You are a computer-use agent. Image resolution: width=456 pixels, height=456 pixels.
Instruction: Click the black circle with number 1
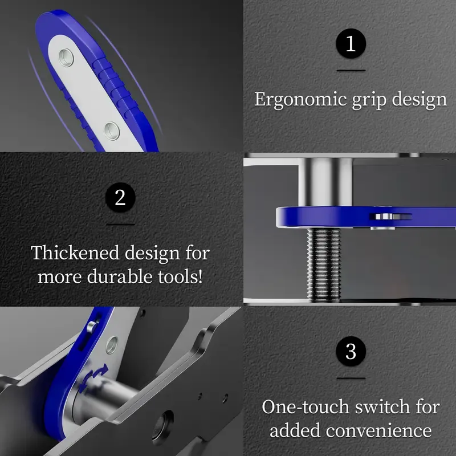pyautogui.click(x=351, y=44)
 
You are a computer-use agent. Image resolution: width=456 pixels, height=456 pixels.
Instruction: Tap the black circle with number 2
pyautogui.click(x=120, y=197)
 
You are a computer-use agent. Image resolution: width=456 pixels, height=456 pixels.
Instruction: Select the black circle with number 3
pyautogui.click(x=351, y=351)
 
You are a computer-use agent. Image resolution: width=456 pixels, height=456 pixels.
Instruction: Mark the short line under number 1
pyautogui.click(x=351, y=71)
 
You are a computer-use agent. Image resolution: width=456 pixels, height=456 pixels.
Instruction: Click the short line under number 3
pyautogui.click(x=351, y=378)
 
